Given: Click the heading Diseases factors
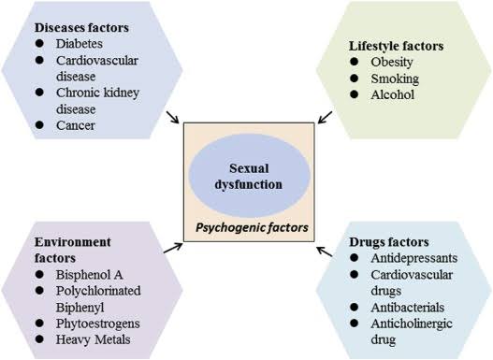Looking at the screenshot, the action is [x=81, y=28].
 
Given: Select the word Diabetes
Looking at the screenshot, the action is [x=80, y=44].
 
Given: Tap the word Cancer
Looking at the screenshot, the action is [x=76, y=125].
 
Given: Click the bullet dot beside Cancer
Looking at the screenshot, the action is [x=39, y=124].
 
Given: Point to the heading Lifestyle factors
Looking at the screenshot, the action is [x=396, y=46].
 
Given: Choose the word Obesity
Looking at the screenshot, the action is [x=392, y=63].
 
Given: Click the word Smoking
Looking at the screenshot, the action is [x=395, y=79].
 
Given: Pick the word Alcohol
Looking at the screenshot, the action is [x=392, y=94].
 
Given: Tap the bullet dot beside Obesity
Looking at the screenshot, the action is [x=354, y=62].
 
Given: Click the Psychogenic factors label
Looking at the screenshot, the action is [x=252, y=228].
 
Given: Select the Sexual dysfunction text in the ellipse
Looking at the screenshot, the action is [x=249, y=177].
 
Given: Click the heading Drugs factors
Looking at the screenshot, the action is [x=389, y=242].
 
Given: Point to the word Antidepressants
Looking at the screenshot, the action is [x=414, y=258].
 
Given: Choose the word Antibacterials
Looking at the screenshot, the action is [x=408, y=308].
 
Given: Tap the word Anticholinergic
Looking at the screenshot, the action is [x=412, y=324].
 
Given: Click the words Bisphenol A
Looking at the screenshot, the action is [x=89, y=275].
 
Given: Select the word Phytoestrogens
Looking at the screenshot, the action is [x=98, y=324].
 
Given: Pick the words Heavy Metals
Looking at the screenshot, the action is [x=93, y=339].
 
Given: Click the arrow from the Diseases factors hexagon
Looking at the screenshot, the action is [x=172, y=117].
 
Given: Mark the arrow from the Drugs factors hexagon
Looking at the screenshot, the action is [x=325, y=252].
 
